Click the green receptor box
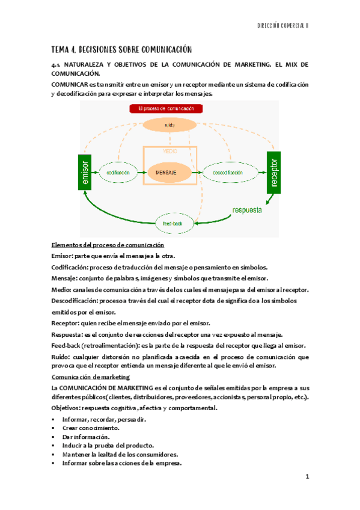point(274,173)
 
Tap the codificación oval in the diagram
point(118,173)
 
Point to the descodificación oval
point(227,173)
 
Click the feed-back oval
point(175,223)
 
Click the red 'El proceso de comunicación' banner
point(166,109)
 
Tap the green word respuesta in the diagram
point(248,210)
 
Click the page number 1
point(307,477)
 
